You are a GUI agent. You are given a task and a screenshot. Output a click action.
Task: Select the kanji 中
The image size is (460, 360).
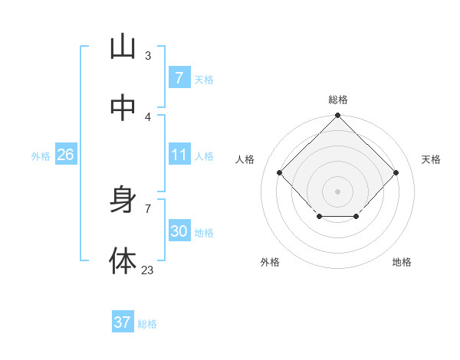pyautogui.click(x=123, y=108)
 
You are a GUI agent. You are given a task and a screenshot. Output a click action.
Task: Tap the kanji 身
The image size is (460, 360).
pyautogui.click(x=123, y=200)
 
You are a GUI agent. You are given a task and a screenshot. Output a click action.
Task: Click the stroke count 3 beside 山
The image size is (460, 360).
pyautogui.click(x=148, y=55)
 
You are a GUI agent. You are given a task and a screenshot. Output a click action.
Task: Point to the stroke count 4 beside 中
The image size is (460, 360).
pyautogui.click(x=148, y=116)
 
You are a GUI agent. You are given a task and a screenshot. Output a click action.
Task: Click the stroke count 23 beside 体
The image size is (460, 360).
pyautogui.click(x=148, y=270)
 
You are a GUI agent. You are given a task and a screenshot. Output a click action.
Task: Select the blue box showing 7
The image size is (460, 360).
pyautogui.click(x=179, y=77)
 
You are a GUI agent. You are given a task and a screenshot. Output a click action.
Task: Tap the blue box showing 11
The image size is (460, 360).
pyautogui.click(x=179, y=155)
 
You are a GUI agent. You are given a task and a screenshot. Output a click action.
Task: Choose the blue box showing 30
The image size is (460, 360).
pyautogui.click(x=179, y=231)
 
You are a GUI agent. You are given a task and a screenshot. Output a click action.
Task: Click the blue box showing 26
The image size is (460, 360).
pyautogui.click(x=65, y=155)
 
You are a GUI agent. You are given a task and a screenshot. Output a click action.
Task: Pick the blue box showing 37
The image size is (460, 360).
pyautogui.click(x=122, y=322)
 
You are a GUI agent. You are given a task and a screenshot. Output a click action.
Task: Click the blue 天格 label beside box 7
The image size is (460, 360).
pyautogui.click(x=204, y=79)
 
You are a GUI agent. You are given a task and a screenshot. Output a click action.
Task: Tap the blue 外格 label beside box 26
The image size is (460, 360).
pyautogui.click(x=41, y=156)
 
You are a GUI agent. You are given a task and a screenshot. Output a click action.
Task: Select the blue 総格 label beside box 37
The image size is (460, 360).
pyautogui.click(x=147, y=324)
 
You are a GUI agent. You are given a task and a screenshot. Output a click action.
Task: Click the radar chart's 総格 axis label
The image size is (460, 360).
pyautogui.click(x=338, y=100)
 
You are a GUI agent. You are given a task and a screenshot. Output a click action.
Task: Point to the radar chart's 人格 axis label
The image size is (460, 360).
pyautogui.click(x=245, y=159)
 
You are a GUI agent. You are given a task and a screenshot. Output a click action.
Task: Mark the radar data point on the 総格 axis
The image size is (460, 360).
pyautogui.click(x=337, y=116)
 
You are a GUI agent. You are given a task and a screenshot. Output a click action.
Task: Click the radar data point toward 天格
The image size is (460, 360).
pyautogui.click(x=396, y=172)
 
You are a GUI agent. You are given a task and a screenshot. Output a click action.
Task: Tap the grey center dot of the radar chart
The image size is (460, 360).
pyautogui.click(x=337, y=191)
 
